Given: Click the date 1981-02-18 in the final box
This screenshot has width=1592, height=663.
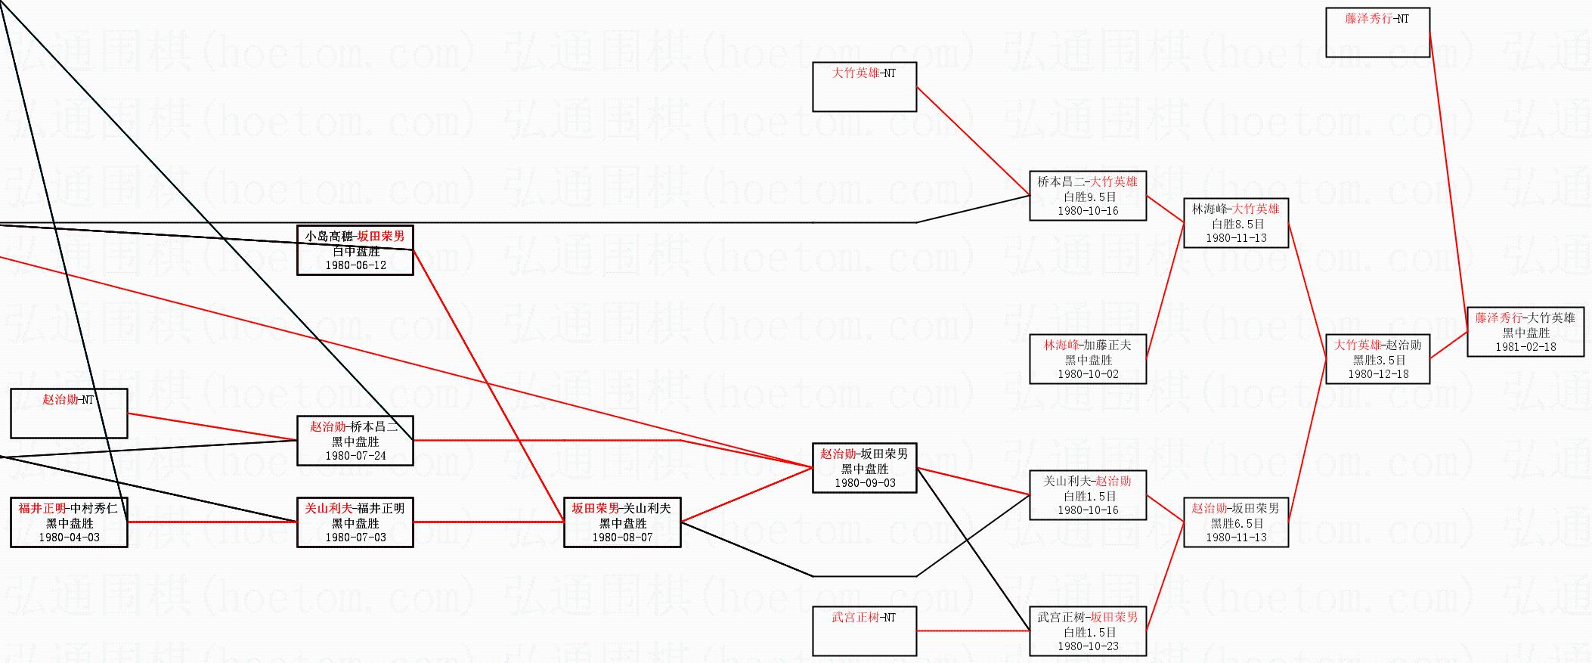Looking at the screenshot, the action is pos(1525,347).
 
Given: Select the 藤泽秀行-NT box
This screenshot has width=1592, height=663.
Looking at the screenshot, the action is pos(1377,32).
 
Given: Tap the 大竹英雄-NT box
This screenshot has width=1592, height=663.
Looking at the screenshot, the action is pos(864,86).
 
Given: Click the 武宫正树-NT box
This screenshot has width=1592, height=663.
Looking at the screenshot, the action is pos(864,630).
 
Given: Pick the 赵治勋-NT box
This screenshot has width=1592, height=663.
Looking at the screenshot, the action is pos(69,413).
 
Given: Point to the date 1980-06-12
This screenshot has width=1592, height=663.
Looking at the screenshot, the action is pos(355,265).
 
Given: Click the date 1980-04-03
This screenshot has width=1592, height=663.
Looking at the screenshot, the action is pos(69,538).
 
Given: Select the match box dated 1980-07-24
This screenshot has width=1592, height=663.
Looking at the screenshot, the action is pos(355,441).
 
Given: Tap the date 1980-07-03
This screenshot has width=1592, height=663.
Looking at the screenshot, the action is pos(355,538).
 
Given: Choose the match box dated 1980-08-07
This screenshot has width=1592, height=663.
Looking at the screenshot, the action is pos(622,522).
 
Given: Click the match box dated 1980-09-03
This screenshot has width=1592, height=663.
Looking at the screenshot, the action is pos(864,468).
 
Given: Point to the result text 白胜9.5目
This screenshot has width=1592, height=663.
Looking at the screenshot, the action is pos(1088,197).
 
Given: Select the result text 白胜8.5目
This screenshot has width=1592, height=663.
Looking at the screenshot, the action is pos(1236,224).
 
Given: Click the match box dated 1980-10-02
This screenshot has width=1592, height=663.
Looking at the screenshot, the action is pos(1088,359).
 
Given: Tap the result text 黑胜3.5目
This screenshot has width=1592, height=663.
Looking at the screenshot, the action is pos(1378,360).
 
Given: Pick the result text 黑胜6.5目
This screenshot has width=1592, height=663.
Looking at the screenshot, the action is pos(1236,523).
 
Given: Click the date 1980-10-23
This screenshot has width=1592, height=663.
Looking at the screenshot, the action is pos(1088,646).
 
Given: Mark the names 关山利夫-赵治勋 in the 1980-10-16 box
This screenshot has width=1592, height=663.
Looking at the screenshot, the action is pos(1088,481).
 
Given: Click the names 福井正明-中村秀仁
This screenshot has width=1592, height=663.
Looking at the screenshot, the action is pos(69,508).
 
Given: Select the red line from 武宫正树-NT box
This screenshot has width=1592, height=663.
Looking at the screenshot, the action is pos(973,630).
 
